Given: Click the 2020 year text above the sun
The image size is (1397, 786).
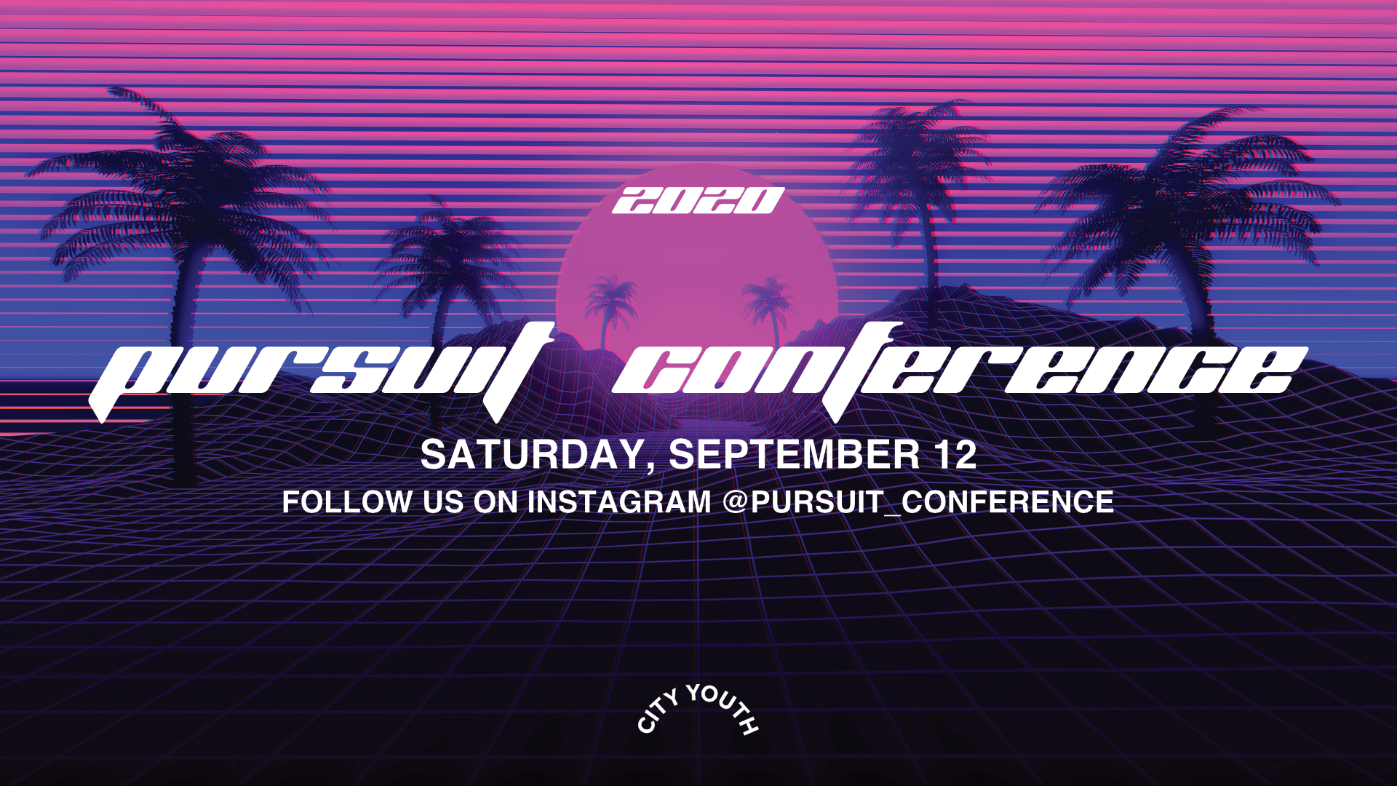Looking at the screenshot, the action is (x=698, y=201).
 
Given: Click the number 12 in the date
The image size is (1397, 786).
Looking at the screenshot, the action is (x=955, y=455).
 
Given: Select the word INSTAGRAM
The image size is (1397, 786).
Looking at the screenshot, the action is (x=619, y=502).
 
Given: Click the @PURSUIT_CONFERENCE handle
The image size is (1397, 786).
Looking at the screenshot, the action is (x=918, y=502).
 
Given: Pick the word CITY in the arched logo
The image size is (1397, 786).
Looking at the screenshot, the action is (x=657, y=712).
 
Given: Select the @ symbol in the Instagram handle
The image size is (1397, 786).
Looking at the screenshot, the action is (x=736, y=503).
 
